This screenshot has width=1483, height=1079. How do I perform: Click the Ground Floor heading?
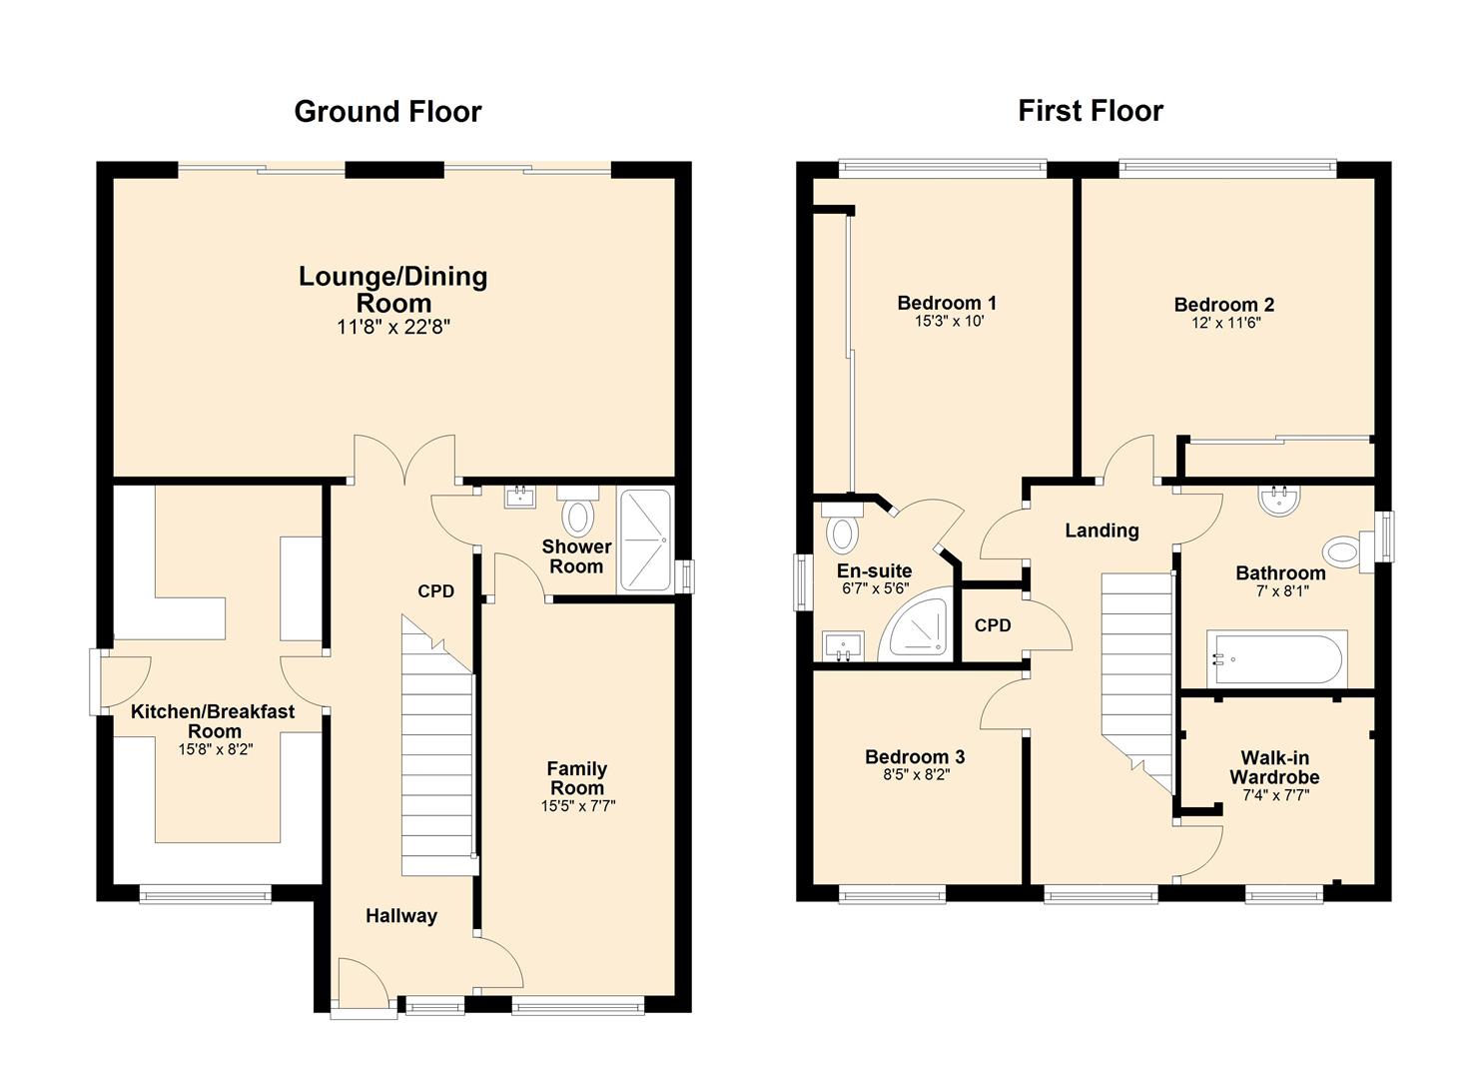387,112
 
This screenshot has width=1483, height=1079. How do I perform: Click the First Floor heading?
1091,111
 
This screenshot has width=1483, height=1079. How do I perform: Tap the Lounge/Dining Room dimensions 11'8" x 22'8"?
393,328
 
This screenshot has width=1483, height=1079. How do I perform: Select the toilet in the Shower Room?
578,511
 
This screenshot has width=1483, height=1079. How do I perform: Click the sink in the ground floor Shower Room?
519,497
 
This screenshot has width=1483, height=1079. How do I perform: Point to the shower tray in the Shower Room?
645,539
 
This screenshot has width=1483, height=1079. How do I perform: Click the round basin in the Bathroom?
1279,501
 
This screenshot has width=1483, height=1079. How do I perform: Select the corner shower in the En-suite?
917,624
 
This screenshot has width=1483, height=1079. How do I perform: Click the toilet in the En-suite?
843,528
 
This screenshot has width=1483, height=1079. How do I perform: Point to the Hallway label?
401,916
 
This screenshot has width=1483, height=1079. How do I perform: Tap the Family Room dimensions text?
578,806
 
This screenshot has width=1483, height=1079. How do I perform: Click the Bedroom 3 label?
915,756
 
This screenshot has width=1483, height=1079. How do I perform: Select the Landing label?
1102,531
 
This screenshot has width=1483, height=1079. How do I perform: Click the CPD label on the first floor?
993,625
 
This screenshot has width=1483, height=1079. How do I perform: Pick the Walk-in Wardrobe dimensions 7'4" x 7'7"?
1275,795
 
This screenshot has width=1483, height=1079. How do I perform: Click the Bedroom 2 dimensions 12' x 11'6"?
1225,324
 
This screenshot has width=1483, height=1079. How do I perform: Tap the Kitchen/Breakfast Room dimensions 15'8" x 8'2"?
216,749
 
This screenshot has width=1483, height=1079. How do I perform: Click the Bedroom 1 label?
947,304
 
